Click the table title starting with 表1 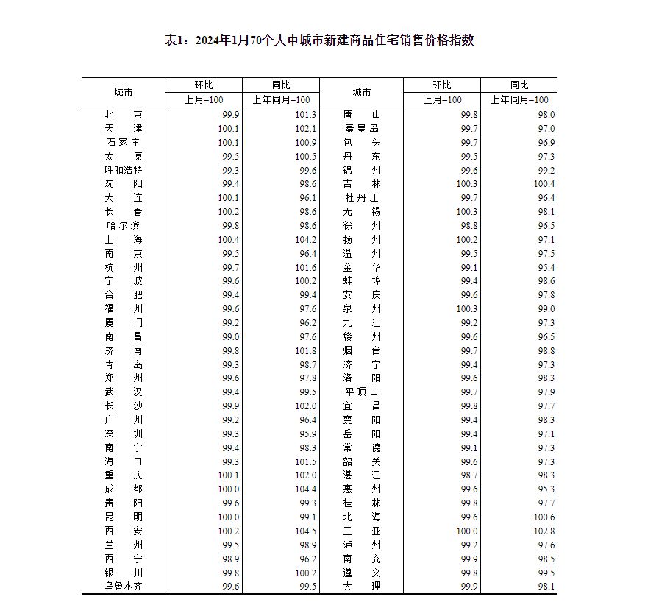pos(319,40)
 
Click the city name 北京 pos(124,115)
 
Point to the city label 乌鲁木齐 pos(124,587)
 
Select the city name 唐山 pos(362,115)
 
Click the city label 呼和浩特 pos(124,170)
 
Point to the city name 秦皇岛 pos(362,129)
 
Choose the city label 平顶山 pos(362,392)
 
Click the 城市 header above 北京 pos(124,93)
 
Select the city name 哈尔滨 pos(124,225)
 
